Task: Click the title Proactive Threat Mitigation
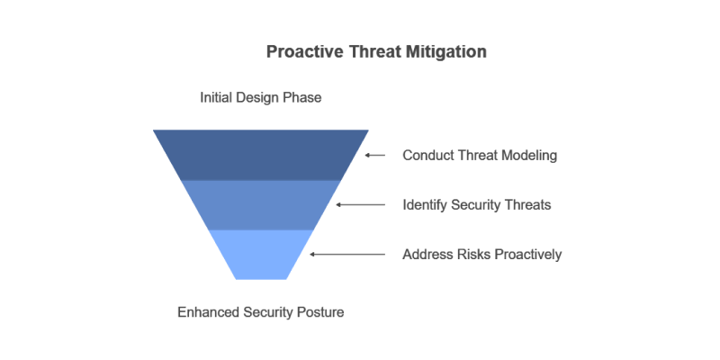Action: [376, 52]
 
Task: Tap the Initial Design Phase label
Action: [260, 97]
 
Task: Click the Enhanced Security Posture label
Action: [260, 312]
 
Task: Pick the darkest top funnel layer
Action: [261, 155]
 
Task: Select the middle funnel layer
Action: [261, 204]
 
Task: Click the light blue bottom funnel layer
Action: [261, 254]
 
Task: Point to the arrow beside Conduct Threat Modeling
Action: [375, 156]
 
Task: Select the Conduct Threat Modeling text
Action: [480, 156]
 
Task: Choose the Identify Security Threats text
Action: [476, 205]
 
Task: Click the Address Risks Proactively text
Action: [481, 255]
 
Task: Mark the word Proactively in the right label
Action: [525, 255]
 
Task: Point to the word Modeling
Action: [530, 156]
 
